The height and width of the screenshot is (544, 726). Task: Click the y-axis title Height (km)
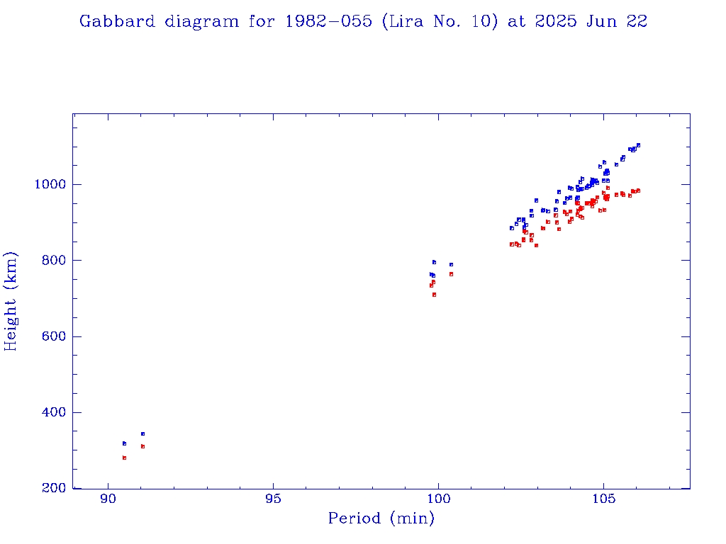coord(11,302)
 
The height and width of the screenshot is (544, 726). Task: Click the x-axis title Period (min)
coord(381,518)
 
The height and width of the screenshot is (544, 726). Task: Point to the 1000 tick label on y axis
coord(50,184)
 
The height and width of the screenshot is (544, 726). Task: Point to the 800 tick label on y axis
coord(54,261)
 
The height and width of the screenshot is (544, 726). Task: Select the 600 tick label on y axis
coord(54,336)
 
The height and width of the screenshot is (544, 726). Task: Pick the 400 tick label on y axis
coord(54,412)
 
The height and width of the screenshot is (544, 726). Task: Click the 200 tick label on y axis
coord(54,489)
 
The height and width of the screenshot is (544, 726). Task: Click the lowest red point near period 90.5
coord(124,458)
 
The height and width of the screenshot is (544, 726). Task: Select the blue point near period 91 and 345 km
coord(143,433)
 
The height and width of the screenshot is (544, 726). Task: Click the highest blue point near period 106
coord(638,144)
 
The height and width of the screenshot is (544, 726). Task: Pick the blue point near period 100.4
coord(451,264)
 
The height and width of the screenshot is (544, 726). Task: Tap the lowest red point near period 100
coord(434,295)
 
